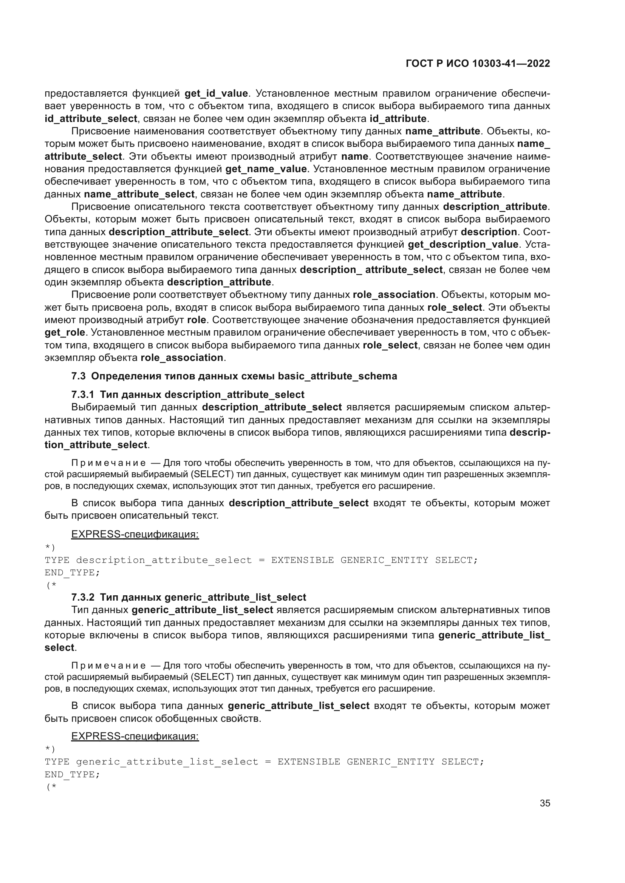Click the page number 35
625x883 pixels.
pyautogui.click(x=545, y=803)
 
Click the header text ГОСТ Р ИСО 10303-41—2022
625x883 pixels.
pyautogui.click(x=478, y=64)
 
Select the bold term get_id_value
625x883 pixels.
pyautogui.click(x=216, y=94)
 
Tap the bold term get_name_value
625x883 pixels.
pyautogui.click(x=266, y=169)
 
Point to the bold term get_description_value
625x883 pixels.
pyautogui.click(x=463, y=244)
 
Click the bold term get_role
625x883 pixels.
pyautogui.click(x=64, y=332)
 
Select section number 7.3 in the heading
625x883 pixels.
pyautogui.click(x=78, y=376)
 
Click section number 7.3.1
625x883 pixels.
pyautogui.click(x=82, y=394)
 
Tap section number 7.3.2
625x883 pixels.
pyautogui.click(x=82, y=597)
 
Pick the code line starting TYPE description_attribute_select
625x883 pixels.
pyautogui.click(x=261, y=560)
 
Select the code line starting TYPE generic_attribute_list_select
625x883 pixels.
pyautogui.click(x=264, y=762)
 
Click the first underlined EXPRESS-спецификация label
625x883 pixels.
pyautogui.click(x=135, y=534)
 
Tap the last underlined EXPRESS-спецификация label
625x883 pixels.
pyautogui.click(x=135, y=736)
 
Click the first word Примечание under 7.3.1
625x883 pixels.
pyautogui.click(x=108, y=463)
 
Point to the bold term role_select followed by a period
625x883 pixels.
pyautogui.click(x=454, y=307)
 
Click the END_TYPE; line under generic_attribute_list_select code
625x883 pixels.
pyautogui.click(x=72, y=775)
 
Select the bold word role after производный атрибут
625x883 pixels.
pyautogui.click(x=196, y=320)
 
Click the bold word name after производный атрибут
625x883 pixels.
pyautogui.click(x=354, y=157)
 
